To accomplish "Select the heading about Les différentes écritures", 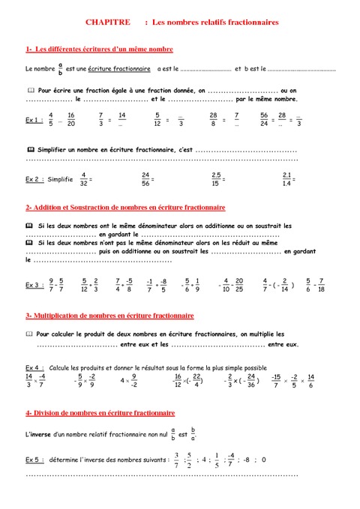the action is [x=100, y=49].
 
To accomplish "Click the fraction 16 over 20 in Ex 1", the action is [x=70, y=119].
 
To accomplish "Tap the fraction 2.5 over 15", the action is [x=216, y=179].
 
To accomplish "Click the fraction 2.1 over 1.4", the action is [x=286, y=179].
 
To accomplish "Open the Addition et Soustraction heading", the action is [x=125, y=207].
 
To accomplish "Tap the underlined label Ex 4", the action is [x=33, y=368].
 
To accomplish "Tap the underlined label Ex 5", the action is [x=33, y=458].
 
